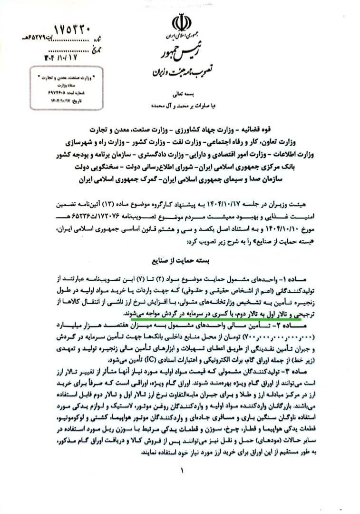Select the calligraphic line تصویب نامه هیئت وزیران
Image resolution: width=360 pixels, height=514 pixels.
(x=181, y=72)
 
